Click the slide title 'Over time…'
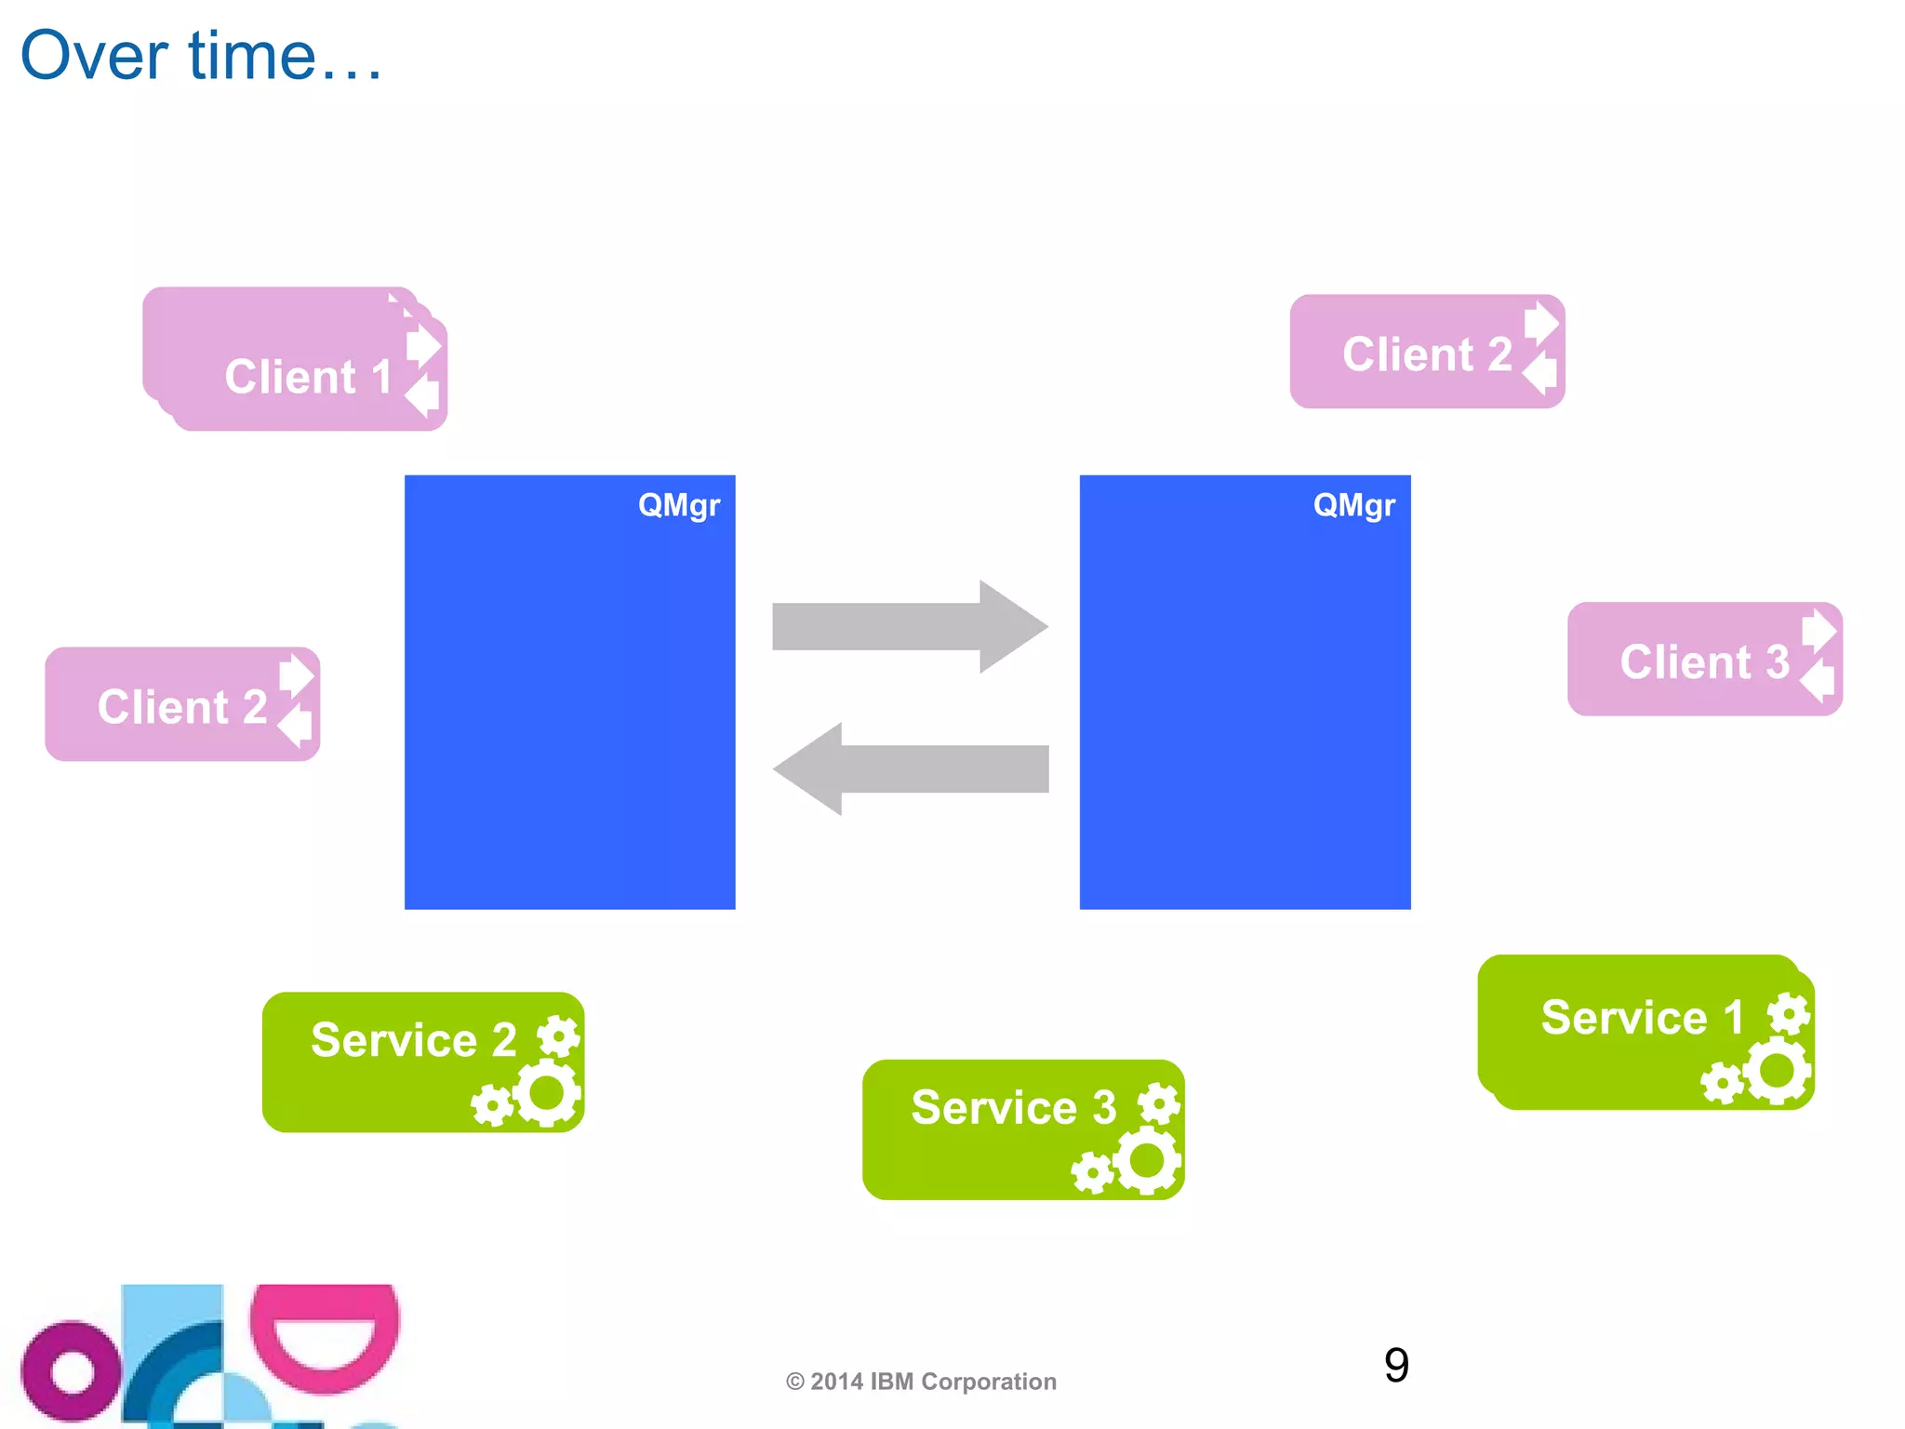200,56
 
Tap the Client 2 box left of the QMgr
182,705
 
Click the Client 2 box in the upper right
1426,353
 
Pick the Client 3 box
1703,661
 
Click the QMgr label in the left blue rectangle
678,505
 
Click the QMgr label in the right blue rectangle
1353,505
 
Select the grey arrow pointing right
909,626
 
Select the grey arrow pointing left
909,768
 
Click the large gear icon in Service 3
1147,1160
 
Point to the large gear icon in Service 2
547,1092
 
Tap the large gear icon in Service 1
1778,1070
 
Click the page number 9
1395,1365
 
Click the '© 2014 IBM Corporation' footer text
921,1382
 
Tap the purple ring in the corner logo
71,1369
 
